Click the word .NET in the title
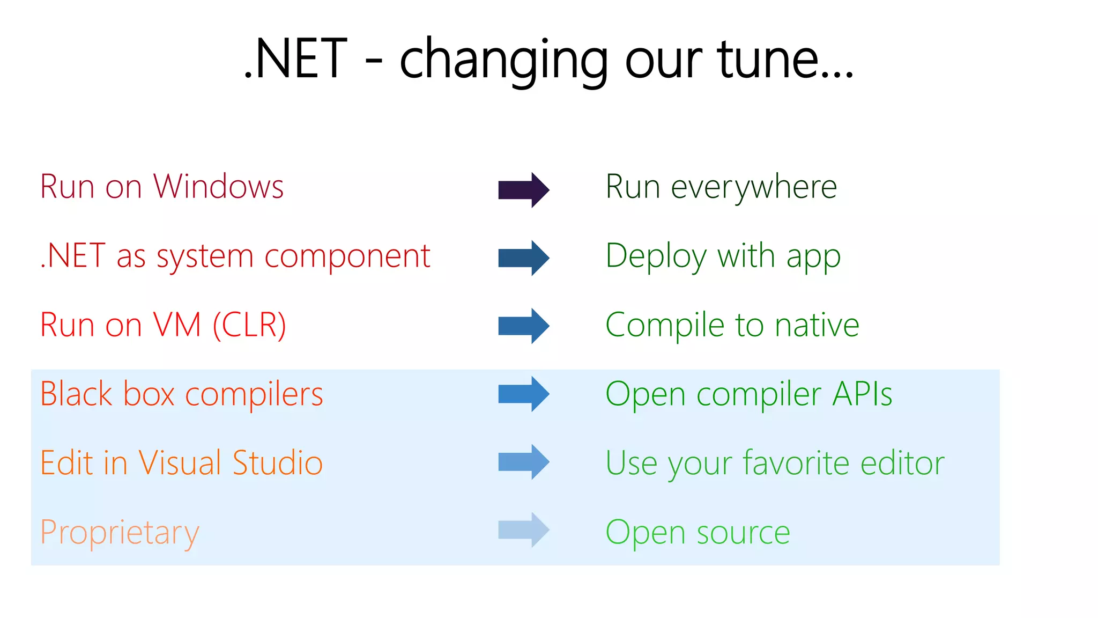point(296,59)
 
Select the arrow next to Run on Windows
point(523,190)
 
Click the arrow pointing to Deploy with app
point(523,258)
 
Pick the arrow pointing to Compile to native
point(523,326)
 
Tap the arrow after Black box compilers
point(523,394)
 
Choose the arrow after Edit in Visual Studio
point(523,462)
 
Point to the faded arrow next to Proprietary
point(523,530)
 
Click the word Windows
point(218,187)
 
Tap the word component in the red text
point(347,256)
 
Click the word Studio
point(277,462)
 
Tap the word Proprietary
point(120,533)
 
